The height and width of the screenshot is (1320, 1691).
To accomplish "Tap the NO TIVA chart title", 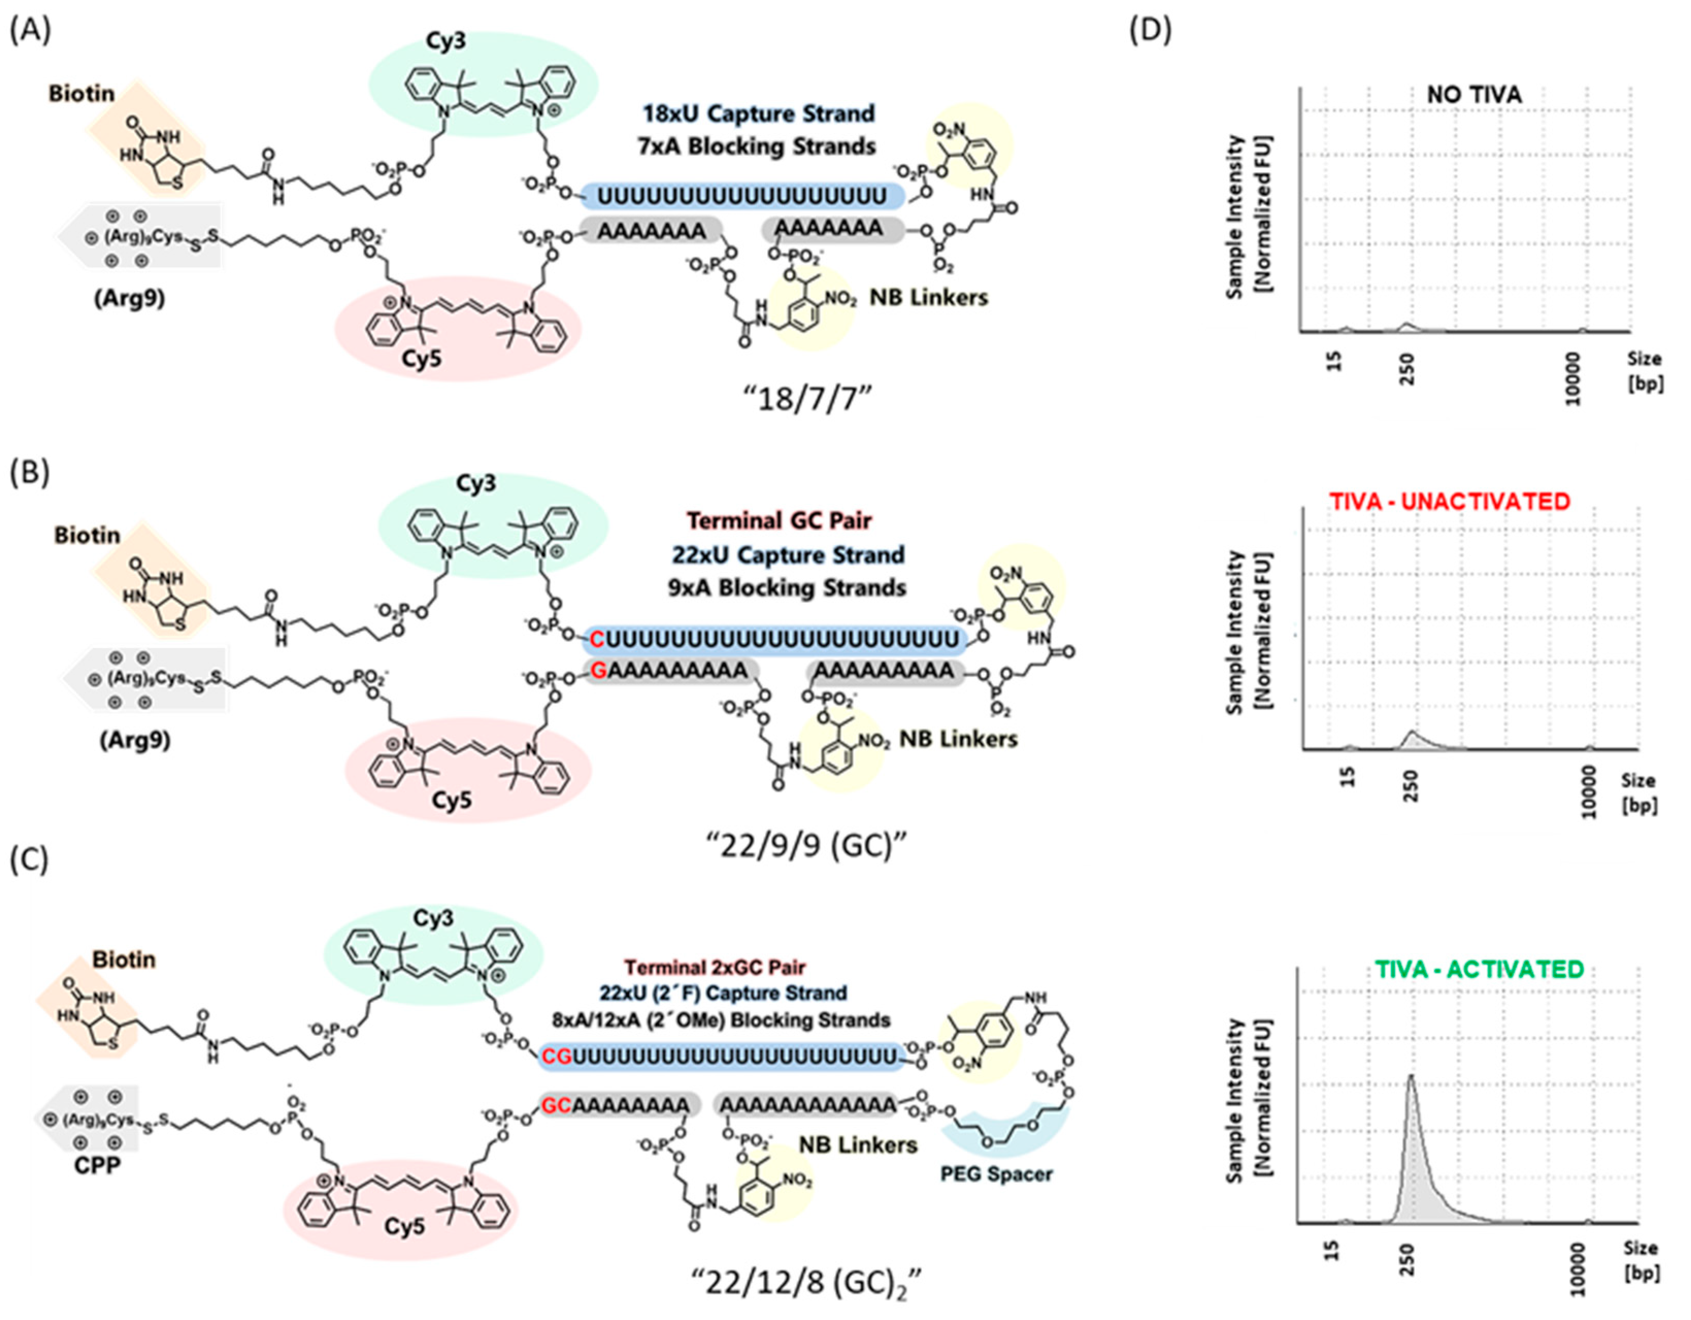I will coord(1474,94).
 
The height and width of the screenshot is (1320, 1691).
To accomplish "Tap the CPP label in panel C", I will coord(97,1165).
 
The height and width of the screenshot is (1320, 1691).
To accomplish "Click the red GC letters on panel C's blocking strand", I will coord(556,1105).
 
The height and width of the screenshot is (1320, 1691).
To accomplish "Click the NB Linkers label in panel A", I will coord(929,298).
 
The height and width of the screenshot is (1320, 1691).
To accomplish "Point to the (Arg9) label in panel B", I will coord(136,741).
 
